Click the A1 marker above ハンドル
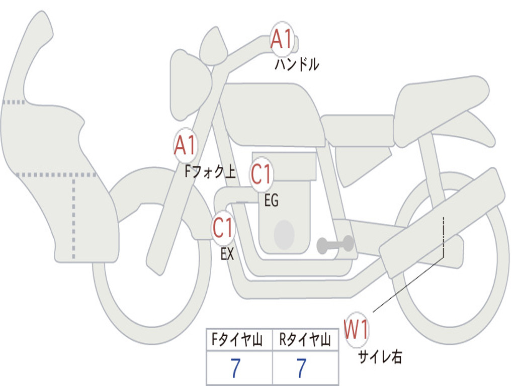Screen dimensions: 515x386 pyautogui.click(x=282, y=39)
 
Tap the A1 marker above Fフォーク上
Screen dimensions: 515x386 pyautogui.click(x=186, y=145)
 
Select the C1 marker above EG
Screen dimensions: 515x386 pyautogui.click(x=262, y=173)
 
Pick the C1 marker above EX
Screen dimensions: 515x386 pyautogui.click(x=223, y=228)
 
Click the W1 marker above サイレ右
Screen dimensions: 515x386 pyautogui.click(x=356, y=329)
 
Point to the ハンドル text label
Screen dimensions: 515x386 pyautogui.click(x=297, y=64)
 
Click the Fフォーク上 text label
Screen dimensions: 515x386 pyautogui.click(x=210, y=171)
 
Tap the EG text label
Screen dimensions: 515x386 pyautogui.click(x=271, y=200)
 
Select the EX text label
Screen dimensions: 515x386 pyautogui.click(x=227, y=254)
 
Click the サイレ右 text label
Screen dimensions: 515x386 pyautogui.click(x=380, y=357)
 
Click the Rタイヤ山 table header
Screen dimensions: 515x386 pyautogui.click(x=305, y=340)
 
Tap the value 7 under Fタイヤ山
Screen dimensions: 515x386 pyautogui.click(x=235, y=367)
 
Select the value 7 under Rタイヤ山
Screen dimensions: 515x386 pyautogui.click(x=302, y=367)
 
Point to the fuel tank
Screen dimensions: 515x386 pyautogui.click(x=273, y=114)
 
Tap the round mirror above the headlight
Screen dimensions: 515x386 pyautogui.click(x=213, y=46)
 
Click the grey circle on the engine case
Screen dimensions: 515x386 pyautogui.click(x=284, y=235)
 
